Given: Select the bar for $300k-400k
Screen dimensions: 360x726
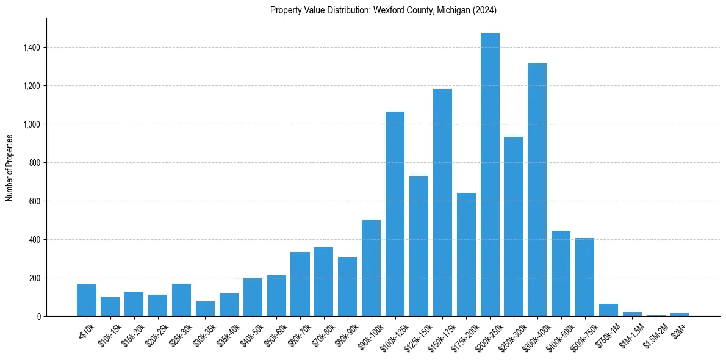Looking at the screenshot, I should point(537,190).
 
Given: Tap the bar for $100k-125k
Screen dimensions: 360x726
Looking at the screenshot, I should point(395,214).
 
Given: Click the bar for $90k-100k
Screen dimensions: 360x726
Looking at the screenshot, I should point(371,268).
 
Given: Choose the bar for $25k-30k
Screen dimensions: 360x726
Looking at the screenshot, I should point(181,300).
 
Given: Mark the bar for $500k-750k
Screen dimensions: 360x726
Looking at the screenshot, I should point(584,277).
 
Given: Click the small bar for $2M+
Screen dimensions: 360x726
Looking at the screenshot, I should point(680,314).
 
